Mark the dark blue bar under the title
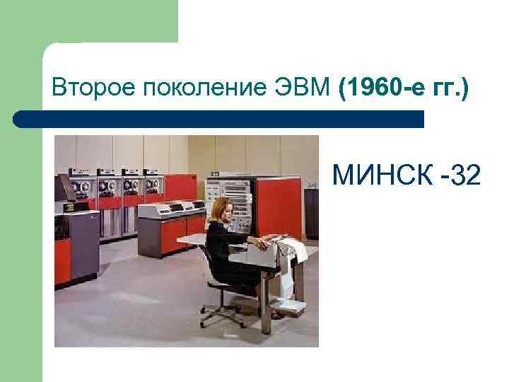tap(219, 118)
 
